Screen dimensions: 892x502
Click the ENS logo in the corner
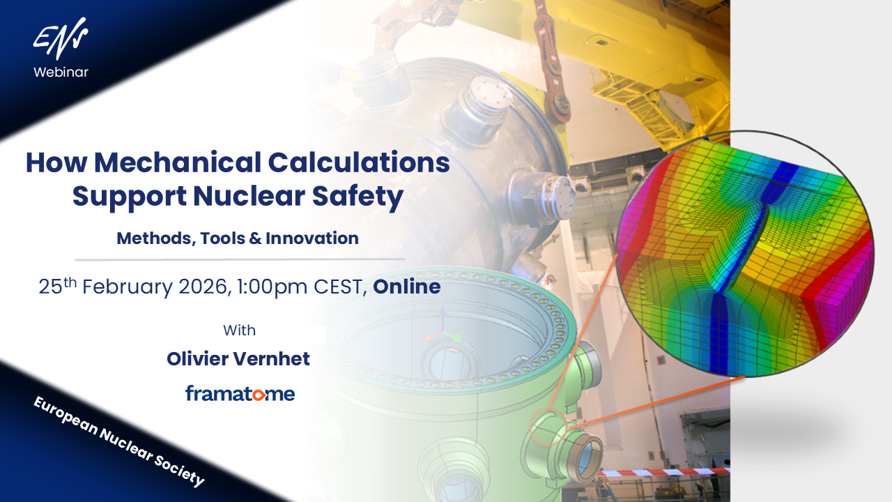pyautogui.click(x=61, y=38)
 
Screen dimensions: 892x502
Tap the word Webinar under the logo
pyautogui.click(x=61, y=72)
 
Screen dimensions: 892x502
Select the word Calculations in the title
pyautogui.click(x=359, y=162)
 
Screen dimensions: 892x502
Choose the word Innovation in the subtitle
pyautogui.click(x=312, y=238)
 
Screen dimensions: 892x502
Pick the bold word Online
pyautogui.click(x=406, y=287)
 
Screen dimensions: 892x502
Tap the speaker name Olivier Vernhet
pyautogui.click(x=238, y=358)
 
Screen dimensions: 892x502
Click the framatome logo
pyautogui.click(x=240, y=393)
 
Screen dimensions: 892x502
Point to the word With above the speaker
pyautogui.click(x=239, y=330)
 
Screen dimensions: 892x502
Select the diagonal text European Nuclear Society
pyautogui.click(x=119, y=441)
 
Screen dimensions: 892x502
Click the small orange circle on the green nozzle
pyautogui.click(x=548, y=427)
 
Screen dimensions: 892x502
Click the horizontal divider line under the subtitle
pyautogui.click(x=240, y=259)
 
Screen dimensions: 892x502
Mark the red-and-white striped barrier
pyautogui.click(x=664, y=472)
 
